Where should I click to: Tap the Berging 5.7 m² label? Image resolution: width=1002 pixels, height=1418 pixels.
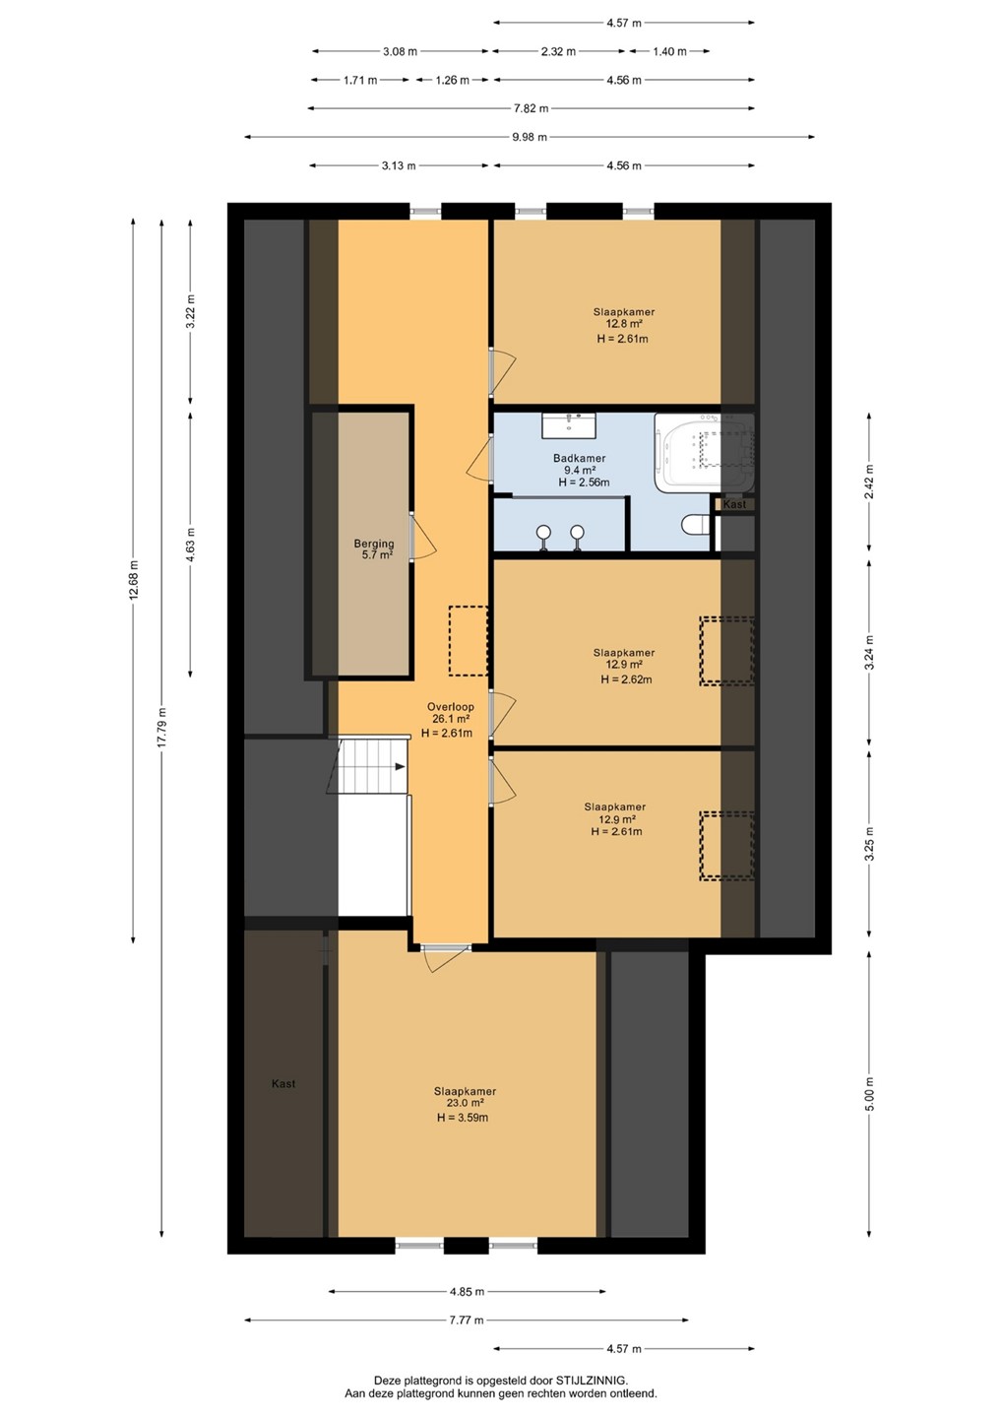pyautogui.click(x=374, y=548)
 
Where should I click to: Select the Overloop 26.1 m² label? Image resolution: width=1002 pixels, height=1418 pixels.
pyautogui.click(x=450, y=720)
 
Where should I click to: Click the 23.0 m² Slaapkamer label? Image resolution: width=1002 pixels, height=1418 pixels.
pyautogui.click(x=465, y=1104)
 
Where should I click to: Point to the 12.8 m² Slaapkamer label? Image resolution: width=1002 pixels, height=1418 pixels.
pyautogui.click(x=623, y=325)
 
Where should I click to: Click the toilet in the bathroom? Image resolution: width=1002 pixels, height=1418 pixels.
pyautogui.click(x=695, y=524)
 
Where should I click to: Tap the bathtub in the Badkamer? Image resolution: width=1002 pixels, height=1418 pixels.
pyautogui.click(x=704, y=453)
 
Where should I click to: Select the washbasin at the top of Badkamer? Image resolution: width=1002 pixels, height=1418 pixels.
pyautogui.click(x=569, y=424)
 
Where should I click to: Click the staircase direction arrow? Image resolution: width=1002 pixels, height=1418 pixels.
pyautogui.click(x=400, y=766)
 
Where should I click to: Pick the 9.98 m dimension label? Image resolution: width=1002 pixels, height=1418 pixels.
pyautogui.click(x=530, y=137)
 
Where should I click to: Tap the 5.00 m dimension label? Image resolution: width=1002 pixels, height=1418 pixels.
pyautogui.click(x=869, y=1094)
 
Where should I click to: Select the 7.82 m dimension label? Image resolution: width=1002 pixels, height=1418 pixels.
pyautogui.click(x=531, y=108)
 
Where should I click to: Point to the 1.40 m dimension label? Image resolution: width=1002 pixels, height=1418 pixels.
pyautogui.click(x=669, y=51)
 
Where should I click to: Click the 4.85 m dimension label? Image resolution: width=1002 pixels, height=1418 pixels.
pyautogui.click(x=467, y=1291)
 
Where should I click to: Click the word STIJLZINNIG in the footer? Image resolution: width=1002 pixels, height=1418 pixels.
pyautogui.click(x=591, y=1381)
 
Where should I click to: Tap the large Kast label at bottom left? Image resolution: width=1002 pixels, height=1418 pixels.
pyautogui.click(x=283, y=1084)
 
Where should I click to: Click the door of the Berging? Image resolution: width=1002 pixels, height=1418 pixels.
pyautogui.click(x=422, y=537)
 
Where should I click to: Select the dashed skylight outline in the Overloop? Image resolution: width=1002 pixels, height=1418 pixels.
pyautogui.click(x=469, y=641)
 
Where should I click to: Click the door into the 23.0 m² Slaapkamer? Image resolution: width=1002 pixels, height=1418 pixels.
pyautogui.click(x=446, y=956)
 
